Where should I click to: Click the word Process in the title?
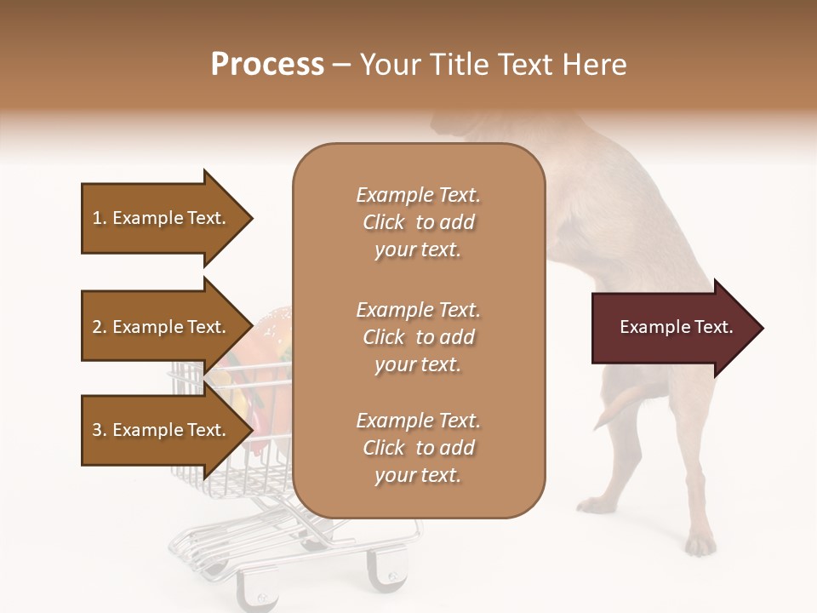[267, 65]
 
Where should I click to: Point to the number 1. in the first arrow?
[100, 218]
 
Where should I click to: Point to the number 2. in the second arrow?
[100, 327]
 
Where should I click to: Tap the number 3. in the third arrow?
[100, 430]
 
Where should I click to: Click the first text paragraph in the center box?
[419, 222]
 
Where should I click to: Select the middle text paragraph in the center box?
[419, 336]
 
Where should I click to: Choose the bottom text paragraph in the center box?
[419, 448]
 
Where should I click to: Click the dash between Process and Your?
[341, 66]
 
